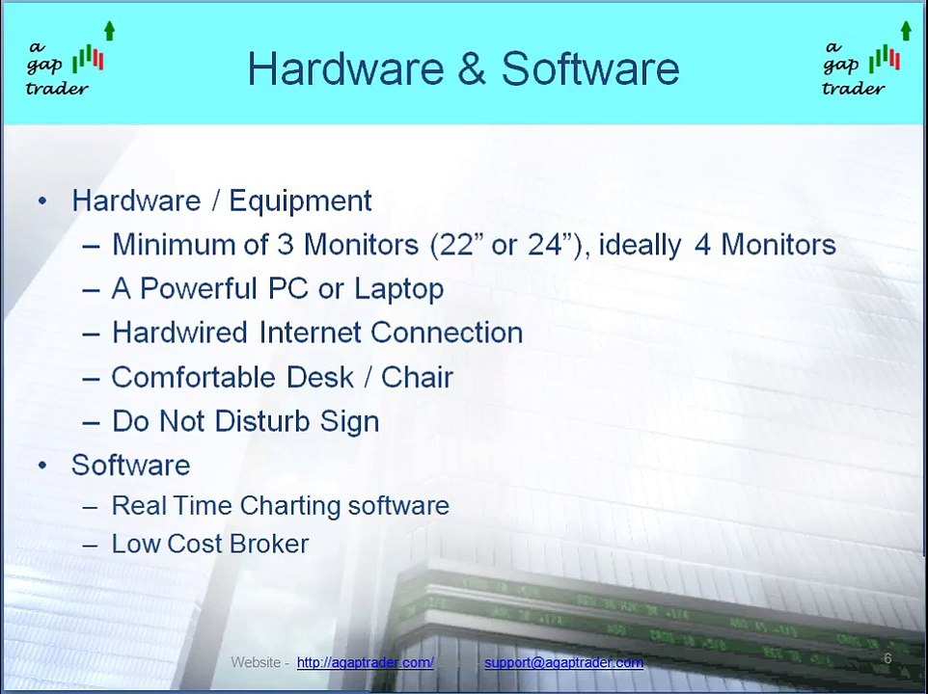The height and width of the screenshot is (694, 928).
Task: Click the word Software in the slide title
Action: [590, 69]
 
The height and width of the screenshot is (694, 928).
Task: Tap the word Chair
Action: [417, 377]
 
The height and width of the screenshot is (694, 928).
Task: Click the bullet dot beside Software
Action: [42, 466]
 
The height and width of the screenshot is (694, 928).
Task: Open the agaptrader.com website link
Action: [365, 662]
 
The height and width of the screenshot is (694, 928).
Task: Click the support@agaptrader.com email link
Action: [563, 662]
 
